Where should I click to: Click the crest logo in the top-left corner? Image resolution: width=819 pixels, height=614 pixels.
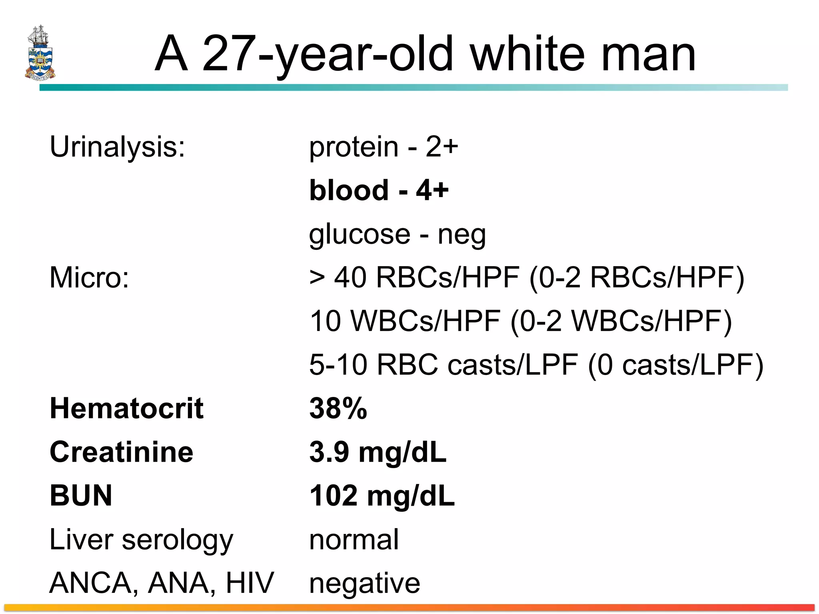coord(40,53)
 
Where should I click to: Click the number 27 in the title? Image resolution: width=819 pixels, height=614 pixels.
coord(229,54)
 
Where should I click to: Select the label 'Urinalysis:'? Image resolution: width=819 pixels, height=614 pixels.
coord(117,147)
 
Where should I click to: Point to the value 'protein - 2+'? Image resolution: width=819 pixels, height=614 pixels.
coord(384,147)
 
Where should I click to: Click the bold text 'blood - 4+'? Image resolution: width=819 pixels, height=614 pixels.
coord(379,190)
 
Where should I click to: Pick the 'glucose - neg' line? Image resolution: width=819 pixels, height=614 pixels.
coord(398,234)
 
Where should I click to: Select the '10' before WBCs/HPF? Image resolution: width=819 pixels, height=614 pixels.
coord(326,321)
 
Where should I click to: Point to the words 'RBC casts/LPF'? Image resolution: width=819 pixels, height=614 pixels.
coord(477,365)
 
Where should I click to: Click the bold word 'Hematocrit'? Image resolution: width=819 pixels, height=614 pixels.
coord(126,409)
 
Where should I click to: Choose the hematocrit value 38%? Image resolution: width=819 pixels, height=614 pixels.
coord(338,409)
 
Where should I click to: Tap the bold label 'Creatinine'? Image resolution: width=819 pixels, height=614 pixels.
coord(121,452)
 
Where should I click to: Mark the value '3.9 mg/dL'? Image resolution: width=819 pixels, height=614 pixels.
coord(378,452)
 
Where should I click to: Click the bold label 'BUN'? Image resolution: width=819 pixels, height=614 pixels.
coord(81,496)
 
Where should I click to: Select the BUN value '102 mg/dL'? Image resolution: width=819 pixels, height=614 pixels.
coord(382,496)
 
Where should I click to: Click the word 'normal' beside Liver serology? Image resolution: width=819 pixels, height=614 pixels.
coord(354,540)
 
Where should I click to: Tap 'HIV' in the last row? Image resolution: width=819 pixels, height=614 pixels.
coord(250,583)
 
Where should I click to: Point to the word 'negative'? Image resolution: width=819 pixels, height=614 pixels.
coord(364,584)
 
